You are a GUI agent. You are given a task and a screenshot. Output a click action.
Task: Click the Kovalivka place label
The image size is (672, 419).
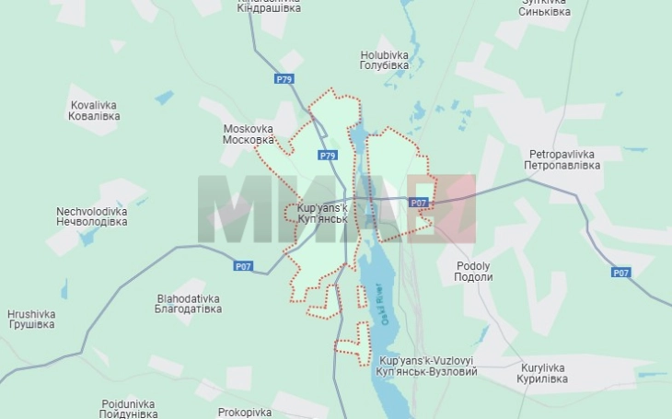tap(95, 111)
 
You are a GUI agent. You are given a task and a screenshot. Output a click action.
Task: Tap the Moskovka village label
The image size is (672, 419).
tap(249, 134)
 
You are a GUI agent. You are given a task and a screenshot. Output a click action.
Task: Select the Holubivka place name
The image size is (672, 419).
tap(384, 60)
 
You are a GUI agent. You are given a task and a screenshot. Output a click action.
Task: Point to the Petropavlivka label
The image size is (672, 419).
tap(562, 159)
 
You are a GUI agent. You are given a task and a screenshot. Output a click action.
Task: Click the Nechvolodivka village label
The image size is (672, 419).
tap(91, 216)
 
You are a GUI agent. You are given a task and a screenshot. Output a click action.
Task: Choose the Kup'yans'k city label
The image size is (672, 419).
tap(322, 214)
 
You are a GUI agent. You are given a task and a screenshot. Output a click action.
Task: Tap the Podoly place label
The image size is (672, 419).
tap(474, 271)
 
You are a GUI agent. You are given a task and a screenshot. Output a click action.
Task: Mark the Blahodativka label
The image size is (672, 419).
tap(189, 304)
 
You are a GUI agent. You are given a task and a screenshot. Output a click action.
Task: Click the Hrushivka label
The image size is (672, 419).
tap(31, 319)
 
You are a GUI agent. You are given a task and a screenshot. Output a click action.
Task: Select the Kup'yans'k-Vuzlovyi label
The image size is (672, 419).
tap(427, 366)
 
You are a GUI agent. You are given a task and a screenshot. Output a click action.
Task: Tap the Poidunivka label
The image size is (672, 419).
tap(128, 408)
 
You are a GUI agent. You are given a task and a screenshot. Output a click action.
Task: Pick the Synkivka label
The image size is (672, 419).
tap(544, 7)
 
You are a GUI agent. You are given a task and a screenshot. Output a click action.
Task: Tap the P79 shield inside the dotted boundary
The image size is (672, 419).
tap(328, 156)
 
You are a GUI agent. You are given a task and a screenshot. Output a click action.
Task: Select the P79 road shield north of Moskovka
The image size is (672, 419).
tap(284, 79)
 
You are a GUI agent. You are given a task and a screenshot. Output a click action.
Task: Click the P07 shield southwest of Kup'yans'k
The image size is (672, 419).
tap(242, 266)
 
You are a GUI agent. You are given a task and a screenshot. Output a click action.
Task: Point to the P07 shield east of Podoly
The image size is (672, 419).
tap(621, 273)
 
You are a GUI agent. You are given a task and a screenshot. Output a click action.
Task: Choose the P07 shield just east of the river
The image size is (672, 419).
tap(419, 202)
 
